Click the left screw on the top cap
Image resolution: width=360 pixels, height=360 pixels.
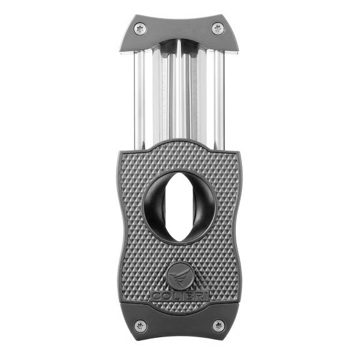tap(140, 28)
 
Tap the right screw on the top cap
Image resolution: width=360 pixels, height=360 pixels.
tap(218, 28)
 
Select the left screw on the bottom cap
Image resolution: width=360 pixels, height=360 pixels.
tap(140, 326)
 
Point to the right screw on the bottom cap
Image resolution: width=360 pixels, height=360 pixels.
tap(218, 326)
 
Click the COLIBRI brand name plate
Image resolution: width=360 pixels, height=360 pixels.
tap(179, 296)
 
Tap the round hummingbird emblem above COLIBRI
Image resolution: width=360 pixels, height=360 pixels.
tap(179, 277)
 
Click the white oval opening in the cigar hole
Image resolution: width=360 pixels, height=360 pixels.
tap(179, 207)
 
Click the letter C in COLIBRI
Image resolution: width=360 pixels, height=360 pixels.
tap(155, 296)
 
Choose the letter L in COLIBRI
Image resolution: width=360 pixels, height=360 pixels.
tap(173, 296)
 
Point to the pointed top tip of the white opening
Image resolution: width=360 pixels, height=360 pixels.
tap(179, 175)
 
